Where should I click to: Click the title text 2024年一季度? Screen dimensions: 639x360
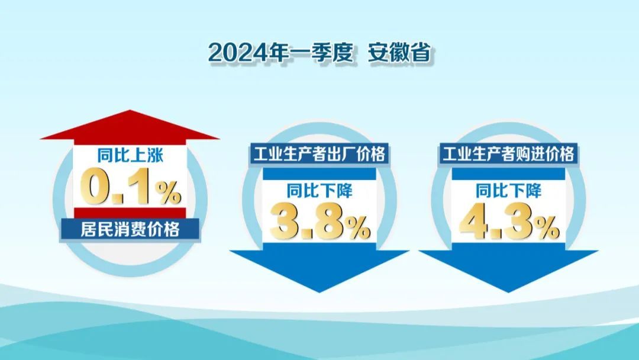point(280,53)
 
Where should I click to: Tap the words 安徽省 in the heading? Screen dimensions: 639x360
point(399,53)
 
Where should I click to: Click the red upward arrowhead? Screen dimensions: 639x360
point(130,125)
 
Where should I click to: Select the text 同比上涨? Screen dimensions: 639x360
point(130,155)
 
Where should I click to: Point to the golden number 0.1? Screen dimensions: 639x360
point(118,188)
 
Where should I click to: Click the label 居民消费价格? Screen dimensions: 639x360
point(130,229)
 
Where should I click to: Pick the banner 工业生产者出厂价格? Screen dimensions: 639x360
point(319,154)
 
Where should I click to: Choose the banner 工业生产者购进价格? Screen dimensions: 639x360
point(508,154)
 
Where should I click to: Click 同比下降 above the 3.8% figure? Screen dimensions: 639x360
point(319,191)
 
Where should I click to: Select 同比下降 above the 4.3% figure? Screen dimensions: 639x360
point(509,191)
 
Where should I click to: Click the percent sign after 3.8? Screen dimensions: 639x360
point(359,229)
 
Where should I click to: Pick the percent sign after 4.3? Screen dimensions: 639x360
point(548,229)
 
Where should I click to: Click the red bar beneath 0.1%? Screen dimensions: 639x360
point(130,213)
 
